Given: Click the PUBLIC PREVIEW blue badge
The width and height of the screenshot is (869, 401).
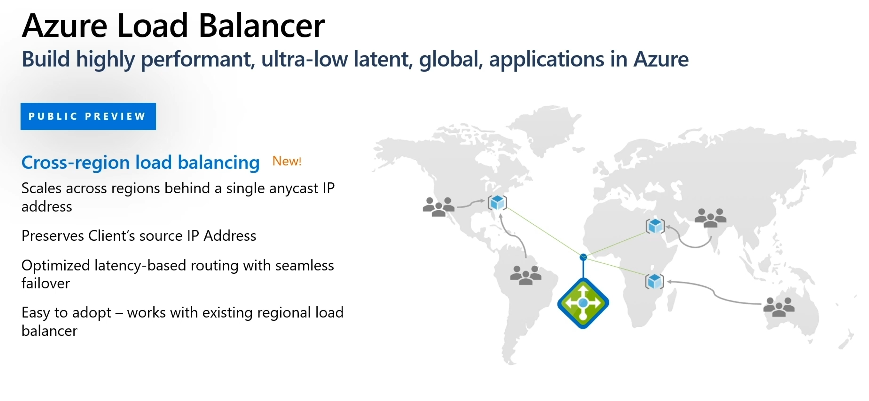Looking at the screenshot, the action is click(x=88, y=116).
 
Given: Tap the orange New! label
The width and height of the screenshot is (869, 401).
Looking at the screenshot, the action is click(x=287, y=161).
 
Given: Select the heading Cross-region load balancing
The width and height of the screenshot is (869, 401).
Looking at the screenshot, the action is click(x=140, y=162).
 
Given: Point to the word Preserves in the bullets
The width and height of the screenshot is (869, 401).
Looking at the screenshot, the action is click(x=52, y=236).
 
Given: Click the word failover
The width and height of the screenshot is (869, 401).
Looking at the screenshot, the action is click(x=46, y=283).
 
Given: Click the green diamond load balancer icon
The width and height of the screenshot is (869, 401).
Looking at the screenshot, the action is click(x=583, y=303).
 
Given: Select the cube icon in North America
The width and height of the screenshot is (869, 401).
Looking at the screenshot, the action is click(x=497, y=203).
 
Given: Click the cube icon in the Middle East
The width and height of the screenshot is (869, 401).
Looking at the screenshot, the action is click(x=655, y=226).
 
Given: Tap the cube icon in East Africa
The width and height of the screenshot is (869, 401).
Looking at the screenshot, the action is click(x=654, y=281).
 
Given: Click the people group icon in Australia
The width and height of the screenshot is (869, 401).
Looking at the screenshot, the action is click(x=779, y=307).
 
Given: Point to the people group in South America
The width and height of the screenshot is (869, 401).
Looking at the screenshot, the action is click(x=526, y=275).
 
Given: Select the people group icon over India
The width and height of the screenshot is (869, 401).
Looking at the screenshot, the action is click(x=710, y=218).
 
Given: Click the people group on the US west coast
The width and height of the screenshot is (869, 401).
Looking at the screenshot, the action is click(x=439, y=207).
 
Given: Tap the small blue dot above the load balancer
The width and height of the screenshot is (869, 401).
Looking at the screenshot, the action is click(x=583, y=257).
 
